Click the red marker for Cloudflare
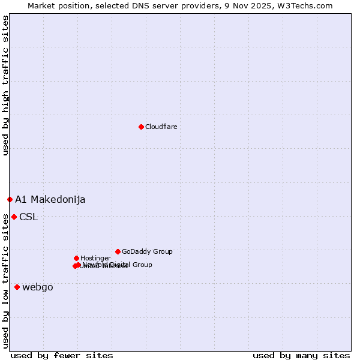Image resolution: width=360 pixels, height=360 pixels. coord(141,127)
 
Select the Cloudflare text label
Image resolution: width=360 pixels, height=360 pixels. coord(161,127)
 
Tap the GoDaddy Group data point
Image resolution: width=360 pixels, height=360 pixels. coord(118,251)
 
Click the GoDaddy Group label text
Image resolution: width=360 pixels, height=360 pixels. coord(146,251)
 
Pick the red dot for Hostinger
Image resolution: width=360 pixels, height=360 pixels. coord(76,258)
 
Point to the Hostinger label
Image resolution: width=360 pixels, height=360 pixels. coord(95,258)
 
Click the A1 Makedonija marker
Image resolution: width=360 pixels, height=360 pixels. coord(10,199)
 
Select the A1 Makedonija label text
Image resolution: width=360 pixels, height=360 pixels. coord(50,199)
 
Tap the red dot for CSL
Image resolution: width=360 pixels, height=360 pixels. coord(14,217)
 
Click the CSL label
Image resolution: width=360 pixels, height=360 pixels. coord(28,217)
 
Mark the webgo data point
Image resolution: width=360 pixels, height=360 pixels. coord(17,287)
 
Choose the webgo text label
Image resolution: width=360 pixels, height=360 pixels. coord(38,287)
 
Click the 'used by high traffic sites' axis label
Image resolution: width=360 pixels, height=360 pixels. coord(5,85)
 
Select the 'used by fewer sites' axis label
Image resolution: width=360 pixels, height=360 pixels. coord(62,355)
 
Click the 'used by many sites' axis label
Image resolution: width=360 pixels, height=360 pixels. coord(301,355)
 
